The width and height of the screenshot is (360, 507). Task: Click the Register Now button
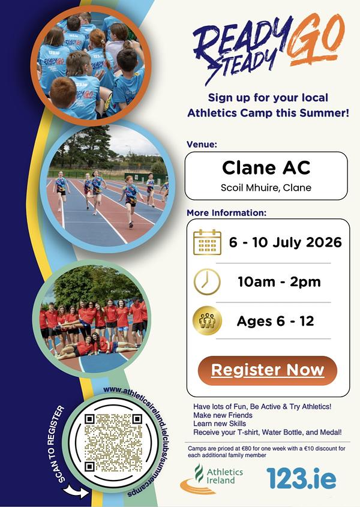[268, 371]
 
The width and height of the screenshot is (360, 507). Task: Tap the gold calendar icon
[208, 242]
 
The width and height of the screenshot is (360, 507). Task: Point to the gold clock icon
[207, 281]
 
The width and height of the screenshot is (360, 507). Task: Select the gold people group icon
[207, 321]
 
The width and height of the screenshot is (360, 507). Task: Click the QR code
[113, 443]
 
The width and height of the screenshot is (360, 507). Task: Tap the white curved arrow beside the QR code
[76, 491]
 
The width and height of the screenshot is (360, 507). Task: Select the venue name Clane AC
[266, 168]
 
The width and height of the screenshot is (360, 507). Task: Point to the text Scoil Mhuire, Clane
[266, 188]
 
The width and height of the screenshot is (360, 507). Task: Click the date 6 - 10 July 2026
[285, 242]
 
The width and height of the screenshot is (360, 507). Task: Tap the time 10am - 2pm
[279, 281]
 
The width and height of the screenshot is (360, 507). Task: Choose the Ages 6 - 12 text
[275, 321]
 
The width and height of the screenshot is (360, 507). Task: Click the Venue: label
[202, 144]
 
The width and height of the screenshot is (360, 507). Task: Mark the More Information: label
[226, 213]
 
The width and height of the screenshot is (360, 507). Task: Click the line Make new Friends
[223, 415]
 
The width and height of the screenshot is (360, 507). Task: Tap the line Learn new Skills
[219, 424]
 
